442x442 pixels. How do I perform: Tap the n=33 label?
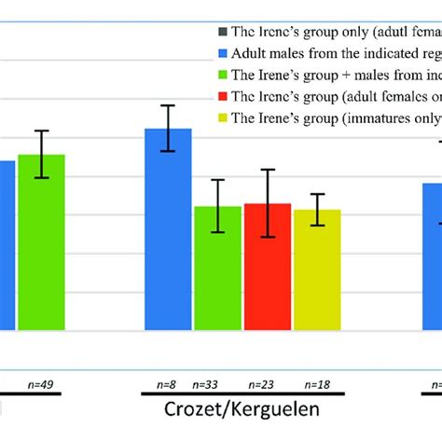click(207, 384)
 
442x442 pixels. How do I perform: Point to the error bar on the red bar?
click(268, 203)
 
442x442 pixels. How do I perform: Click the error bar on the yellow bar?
click(318, 209)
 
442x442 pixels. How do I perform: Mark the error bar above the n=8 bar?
click(168, 128)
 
